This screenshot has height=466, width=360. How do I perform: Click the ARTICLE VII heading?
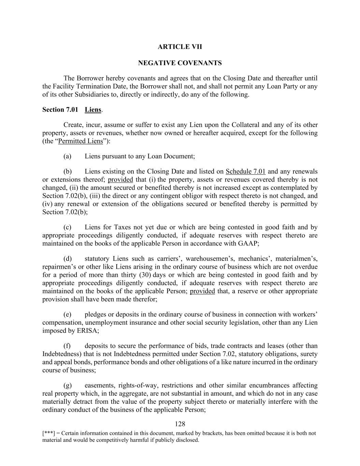(x=180, y=47)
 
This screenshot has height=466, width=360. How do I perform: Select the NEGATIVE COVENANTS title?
(x=180, y=63)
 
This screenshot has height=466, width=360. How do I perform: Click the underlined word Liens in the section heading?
(x=93, y=110)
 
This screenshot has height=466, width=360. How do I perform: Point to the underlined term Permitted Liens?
(x=81, y=141)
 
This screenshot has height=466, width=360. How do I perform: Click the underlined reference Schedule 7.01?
(x=246, y=171)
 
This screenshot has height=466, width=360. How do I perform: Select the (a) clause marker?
(x=67, y=156)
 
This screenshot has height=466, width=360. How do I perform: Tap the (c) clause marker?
(x=67, y=227)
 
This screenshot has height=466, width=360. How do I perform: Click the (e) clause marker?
(x=67, y=314)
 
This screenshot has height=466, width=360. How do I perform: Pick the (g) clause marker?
(x=67, y=385)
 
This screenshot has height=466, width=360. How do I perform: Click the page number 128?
(x=180, y=424)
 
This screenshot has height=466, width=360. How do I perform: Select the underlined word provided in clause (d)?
(x=202, y=291)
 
